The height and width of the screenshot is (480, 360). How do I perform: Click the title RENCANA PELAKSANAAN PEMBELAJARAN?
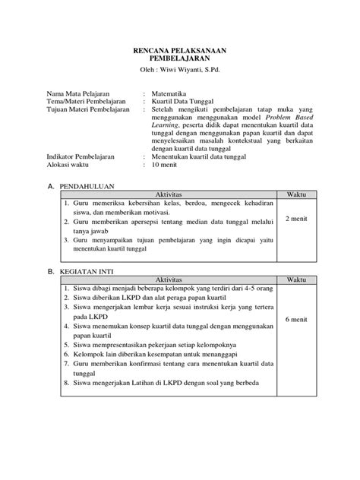pyautogui.click(x=179, y=52)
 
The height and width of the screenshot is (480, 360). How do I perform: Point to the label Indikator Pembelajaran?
pyautogui.click(x=82, y=156)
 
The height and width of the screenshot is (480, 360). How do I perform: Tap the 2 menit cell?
pyautogui.click(x=295, y=219)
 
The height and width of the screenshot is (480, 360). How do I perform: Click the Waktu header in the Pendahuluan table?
pyautogui.click(x=295, y=194)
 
